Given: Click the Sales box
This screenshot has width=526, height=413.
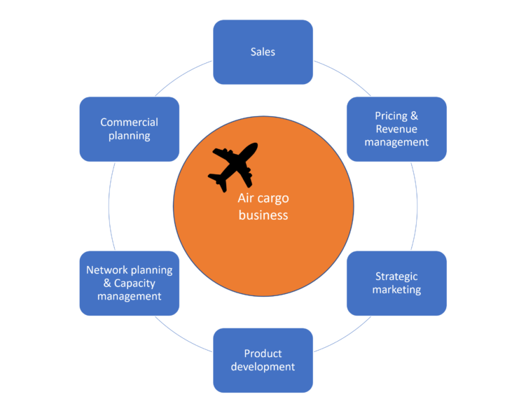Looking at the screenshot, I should click(263, 52).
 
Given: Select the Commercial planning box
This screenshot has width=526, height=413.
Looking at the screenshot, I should click(129, 129).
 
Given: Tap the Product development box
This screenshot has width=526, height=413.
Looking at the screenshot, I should click(263, 360).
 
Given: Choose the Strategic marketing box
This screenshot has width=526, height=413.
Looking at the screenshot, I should click(396, 283).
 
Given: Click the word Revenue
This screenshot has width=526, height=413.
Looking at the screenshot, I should click(396, 129).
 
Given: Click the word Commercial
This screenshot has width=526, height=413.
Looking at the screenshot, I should click(129, 122).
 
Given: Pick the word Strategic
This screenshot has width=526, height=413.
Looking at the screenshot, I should click(396, 276).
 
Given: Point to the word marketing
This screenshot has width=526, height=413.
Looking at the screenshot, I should click(396, 290).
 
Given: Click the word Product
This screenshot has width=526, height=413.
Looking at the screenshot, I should click(263, 353).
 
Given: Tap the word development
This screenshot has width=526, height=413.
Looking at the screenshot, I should click(263, 367).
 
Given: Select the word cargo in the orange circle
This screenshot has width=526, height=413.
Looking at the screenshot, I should click(272, 199).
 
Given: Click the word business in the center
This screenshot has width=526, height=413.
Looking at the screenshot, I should click(263, 215).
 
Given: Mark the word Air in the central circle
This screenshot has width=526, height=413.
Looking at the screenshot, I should click(246, 199).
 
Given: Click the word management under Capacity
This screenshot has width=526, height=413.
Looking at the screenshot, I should click(129, 296).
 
